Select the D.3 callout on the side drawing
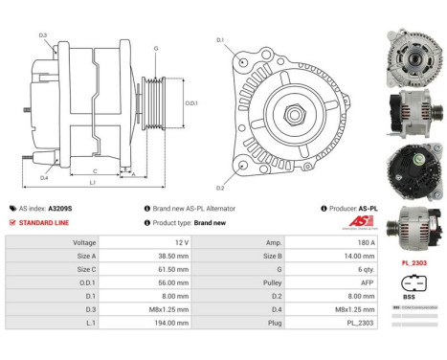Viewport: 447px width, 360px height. [44, 34]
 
